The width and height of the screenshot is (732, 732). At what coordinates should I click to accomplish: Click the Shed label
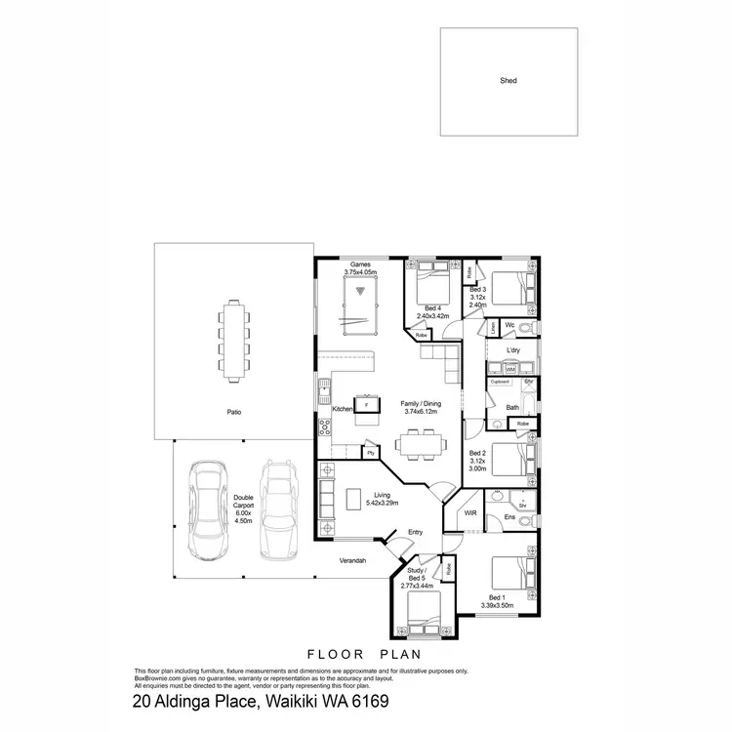tap(508, 81)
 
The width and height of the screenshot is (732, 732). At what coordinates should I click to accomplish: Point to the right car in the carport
tap(279, 509)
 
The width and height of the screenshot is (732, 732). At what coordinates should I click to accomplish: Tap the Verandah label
tap(353, 561)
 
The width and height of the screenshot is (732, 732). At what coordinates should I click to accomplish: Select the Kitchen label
tap(342, 409)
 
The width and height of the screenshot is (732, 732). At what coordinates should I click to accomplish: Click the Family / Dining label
tap(421, 404)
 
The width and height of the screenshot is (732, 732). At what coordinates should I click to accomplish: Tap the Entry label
tap(416, 532)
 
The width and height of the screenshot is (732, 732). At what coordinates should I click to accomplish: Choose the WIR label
tap(470, 511)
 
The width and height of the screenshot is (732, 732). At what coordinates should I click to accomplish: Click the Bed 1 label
tap(498, 597)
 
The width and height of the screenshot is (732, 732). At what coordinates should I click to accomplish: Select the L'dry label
tap(513, 349)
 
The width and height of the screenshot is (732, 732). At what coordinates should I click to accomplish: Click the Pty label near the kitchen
tap(371, 454)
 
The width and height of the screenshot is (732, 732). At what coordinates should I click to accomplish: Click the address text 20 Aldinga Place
tap(195, 701)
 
